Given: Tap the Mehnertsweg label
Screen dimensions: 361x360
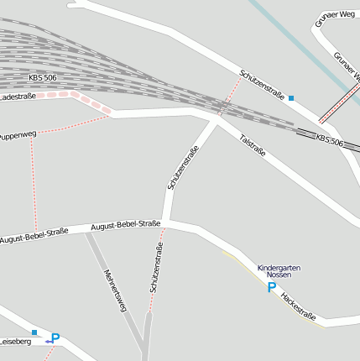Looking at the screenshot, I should (114, 290).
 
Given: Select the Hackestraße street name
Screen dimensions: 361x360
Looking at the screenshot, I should (298, 306).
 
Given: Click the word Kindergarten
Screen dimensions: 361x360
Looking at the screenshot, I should (279, 267).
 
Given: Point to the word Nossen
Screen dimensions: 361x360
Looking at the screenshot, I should (279, 275).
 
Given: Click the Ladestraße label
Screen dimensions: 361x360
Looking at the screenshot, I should (18, 97).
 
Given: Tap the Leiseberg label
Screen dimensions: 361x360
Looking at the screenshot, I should (14, 342).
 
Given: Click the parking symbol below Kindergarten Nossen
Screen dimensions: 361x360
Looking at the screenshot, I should (271, 287).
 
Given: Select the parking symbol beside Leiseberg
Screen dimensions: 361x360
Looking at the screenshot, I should (55, 338).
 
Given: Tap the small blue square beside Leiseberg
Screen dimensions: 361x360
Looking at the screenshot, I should (34, 333).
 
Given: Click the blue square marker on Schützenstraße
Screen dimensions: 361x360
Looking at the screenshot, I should (291, 98).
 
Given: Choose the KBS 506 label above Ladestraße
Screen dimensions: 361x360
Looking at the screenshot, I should (42, 78).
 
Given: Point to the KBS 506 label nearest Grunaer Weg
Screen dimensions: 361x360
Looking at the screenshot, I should (330, 140).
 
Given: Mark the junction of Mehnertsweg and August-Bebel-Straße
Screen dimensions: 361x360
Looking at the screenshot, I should (88, 233).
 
